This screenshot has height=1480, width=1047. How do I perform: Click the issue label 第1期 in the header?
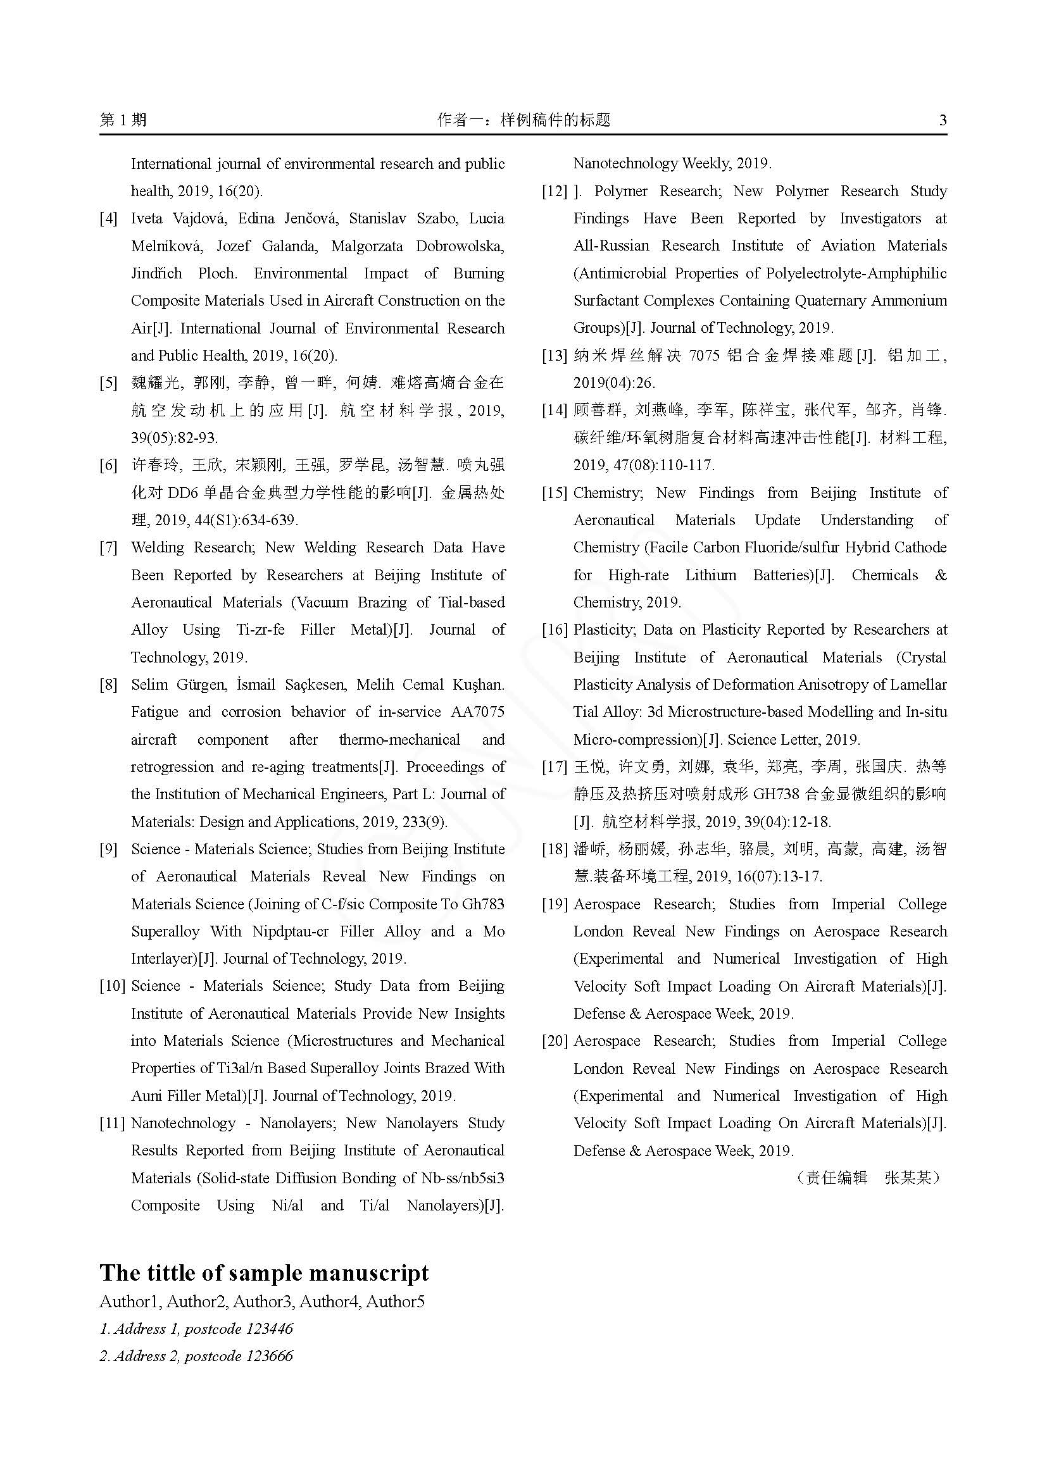[123, 120]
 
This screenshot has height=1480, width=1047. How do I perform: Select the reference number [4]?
[108, 218]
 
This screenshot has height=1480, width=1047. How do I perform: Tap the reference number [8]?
[108, 685]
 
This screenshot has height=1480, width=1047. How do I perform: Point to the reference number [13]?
[555, 356]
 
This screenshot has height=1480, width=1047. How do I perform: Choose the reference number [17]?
[555, 767]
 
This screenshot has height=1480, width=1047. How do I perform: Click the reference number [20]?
[555, 1041]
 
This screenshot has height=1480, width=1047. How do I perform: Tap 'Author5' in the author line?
[395, 1302]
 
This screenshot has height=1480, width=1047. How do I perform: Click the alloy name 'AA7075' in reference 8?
[479, 712]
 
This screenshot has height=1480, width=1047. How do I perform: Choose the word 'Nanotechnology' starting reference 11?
[183, 1123]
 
